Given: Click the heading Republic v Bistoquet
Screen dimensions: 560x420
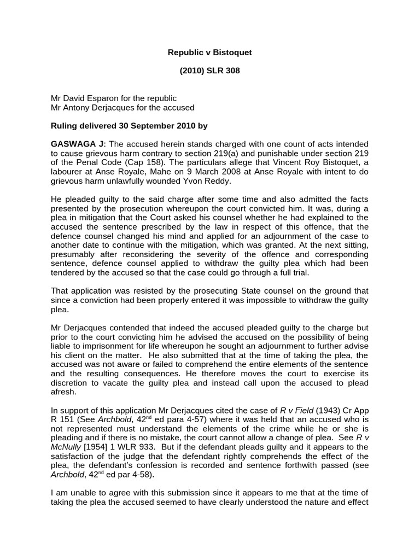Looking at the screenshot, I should coord(209,52).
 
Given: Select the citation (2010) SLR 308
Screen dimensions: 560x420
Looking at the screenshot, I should coord(209,71).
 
